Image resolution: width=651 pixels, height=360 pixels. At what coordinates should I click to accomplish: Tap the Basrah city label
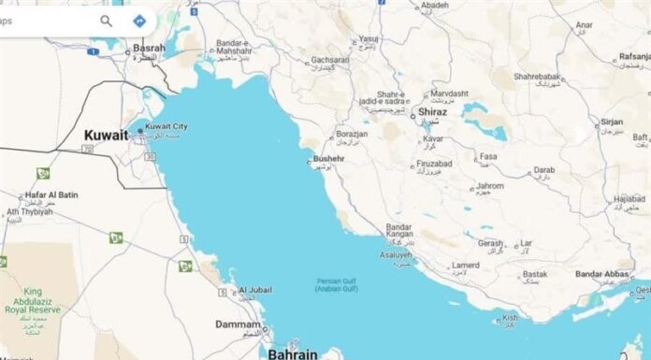(x=149, y=48)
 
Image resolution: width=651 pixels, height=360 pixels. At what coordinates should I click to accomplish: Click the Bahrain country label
(x=293, y=353)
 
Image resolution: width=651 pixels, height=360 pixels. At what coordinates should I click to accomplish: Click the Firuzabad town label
(x=414, y=164)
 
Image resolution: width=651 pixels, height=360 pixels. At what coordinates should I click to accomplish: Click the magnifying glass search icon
(x=107, y=20)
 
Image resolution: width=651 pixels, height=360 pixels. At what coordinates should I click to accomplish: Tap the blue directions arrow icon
(x=139, y=20)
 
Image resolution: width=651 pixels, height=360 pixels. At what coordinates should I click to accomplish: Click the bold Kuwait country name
(x=106, y=135)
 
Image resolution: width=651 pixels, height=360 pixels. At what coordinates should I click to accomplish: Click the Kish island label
(x=510, y=317)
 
